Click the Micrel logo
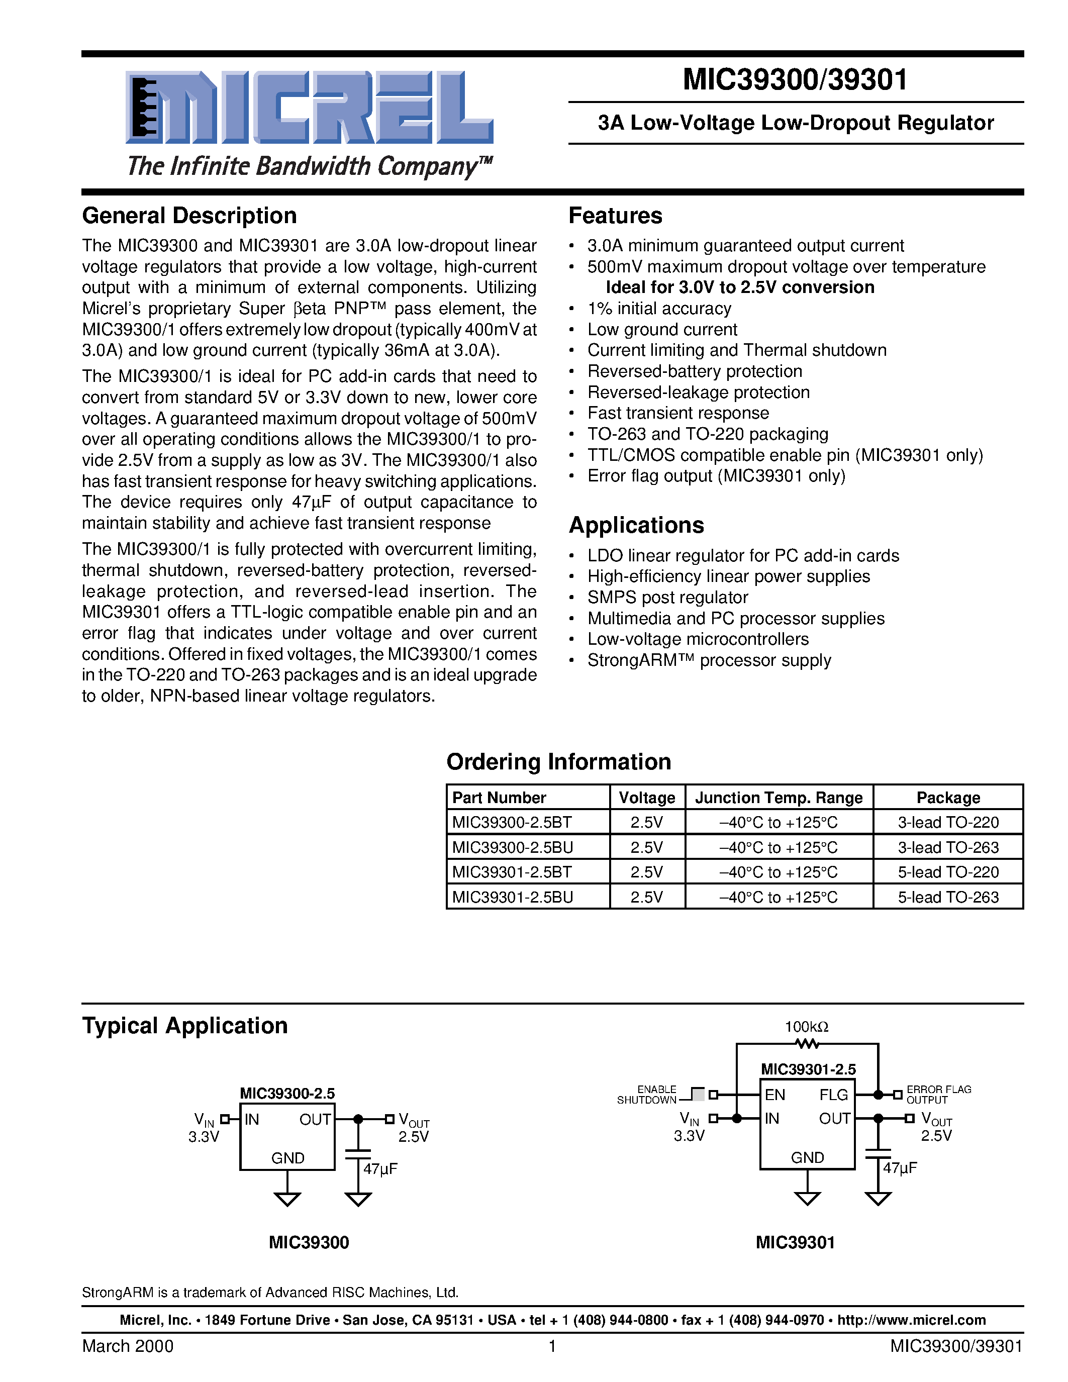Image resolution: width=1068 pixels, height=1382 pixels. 309,108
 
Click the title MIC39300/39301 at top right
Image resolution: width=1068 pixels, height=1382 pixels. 795,80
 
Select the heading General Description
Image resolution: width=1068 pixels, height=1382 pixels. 189,216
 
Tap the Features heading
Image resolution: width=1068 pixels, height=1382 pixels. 615,216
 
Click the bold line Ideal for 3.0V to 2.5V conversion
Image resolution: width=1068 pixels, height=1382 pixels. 740,287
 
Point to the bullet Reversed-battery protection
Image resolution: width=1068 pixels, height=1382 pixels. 694,371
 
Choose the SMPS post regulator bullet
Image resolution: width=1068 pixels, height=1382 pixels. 667,598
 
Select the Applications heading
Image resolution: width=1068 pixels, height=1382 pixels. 636,525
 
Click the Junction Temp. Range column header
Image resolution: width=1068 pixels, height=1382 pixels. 778,798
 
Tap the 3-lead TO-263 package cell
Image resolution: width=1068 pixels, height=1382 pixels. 948,847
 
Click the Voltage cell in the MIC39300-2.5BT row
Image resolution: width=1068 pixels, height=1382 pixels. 647,823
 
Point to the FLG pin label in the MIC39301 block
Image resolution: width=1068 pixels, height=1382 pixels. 833,1095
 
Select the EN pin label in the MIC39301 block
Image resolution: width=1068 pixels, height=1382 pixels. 774,1095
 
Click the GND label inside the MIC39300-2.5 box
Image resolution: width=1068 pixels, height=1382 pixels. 288,1158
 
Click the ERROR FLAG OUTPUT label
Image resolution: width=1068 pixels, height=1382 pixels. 938,1095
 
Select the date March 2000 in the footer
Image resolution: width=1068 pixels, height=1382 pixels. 128,1346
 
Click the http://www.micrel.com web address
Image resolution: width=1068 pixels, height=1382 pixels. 911,1320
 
